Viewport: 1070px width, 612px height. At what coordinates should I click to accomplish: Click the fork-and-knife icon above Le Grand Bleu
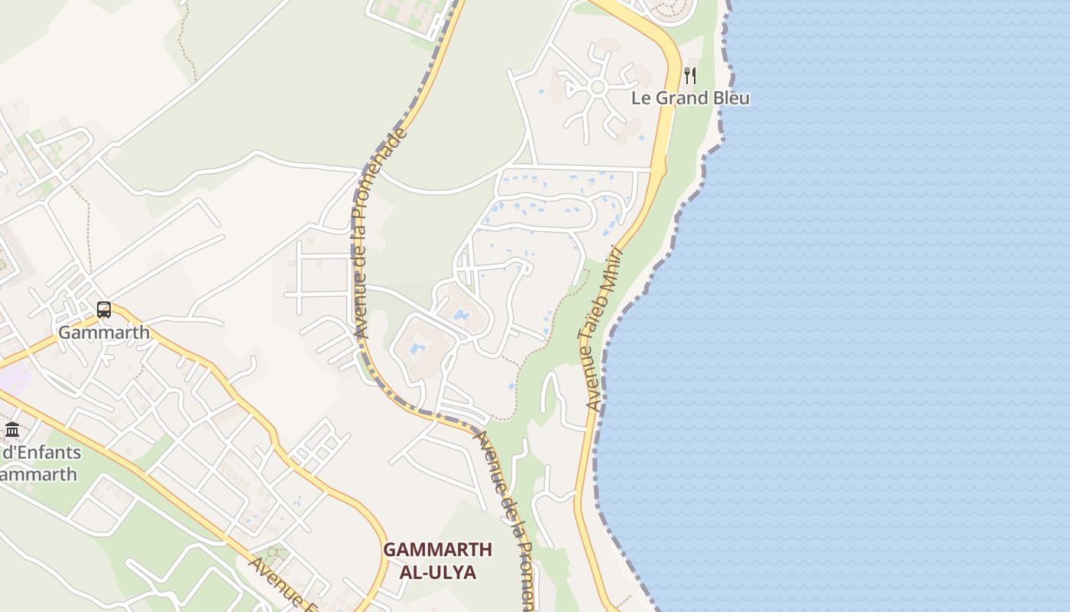[x=690, y=75]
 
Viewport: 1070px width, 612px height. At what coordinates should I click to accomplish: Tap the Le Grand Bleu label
[x=690, y=98]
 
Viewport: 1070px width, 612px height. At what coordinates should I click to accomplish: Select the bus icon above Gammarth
[x=104, y=310]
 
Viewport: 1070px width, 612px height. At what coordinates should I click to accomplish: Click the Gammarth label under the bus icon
[x=104, y=333]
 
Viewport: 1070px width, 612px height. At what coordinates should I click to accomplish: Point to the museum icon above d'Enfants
[x=12, y=430]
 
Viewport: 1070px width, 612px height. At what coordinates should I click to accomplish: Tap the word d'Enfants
[x=42, y=452]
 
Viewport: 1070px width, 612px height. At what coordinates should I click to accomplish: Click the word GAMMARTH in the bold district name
[x=437, y=550]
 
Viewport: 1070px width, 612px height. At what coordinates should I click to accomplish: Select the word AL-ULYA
[x=438, y=572]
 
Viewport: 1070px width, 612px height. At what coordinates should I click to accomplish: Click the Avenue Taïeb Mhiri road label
[x=602, y=329]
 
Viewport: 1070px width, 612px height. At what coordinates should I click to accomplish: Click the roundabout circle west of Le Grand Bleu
[x=598, y=88]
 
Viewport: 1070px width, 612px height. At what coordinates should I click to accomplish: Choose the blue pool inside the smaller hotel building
[x=461, y=314]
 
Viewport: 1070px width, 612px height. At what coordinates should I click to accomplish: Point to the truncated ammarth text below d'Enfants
[x=38, y=474]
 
